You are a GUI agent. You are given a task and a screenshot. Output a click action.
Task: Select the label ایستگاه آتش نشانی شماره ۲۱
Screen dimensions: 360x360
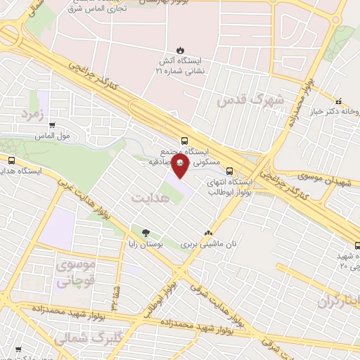point(181,66)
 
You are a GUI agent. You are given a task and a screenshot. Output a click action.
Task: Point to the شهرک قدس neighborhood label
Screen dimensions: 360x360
point(250,100)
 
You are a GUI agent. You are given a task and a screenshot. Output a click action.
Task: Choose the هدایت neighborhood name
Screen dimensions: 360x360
point(150,198)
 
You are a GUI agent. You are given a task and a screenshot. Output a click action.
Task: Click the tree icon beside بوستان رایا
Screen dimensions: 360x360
point(146,233)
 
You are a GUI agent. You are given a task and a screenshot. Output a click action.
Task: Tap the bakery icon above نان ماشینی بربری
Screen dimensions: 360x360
point(207,233)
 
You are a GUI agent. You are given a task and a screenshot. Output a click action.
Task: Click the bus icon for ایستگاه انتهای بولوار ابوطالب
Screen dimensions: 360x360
point(229,170)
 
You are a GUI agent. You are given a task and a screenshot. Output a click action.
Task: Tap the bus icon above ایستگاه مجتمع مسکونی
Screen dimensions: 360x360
point(184,140)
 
